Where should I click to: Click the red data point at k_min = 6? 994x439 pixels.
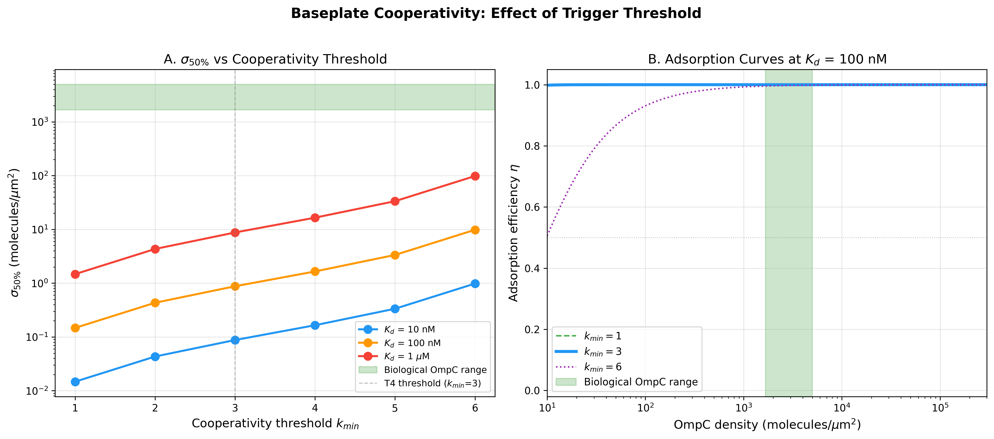(475, 176)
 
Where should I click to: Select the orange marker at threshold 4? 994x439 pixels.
(315, 271)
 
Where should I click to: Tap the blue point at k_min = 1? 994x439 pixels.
(75, 382)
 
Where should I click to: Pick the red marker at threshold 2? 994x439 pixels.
(155, 249)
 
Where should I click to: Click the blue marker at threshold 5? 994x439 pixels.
(395, 309)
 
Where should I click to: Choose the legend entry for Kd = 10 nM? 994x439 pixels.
(409, 329)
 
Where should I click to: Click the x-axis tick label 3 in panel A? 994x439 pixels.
(235, 408)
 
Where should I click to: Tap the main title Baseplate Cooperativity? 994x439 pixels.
(496, 13)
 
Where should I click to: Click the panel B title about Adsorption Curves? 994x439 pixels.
(767, 59)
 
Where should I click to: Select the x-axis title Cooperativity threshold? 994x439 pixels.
(275, 424)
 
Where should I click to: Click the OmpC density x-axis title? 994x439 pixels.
(767, 424)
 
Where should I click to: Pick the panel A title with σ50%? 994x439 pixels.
(275, 59)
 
